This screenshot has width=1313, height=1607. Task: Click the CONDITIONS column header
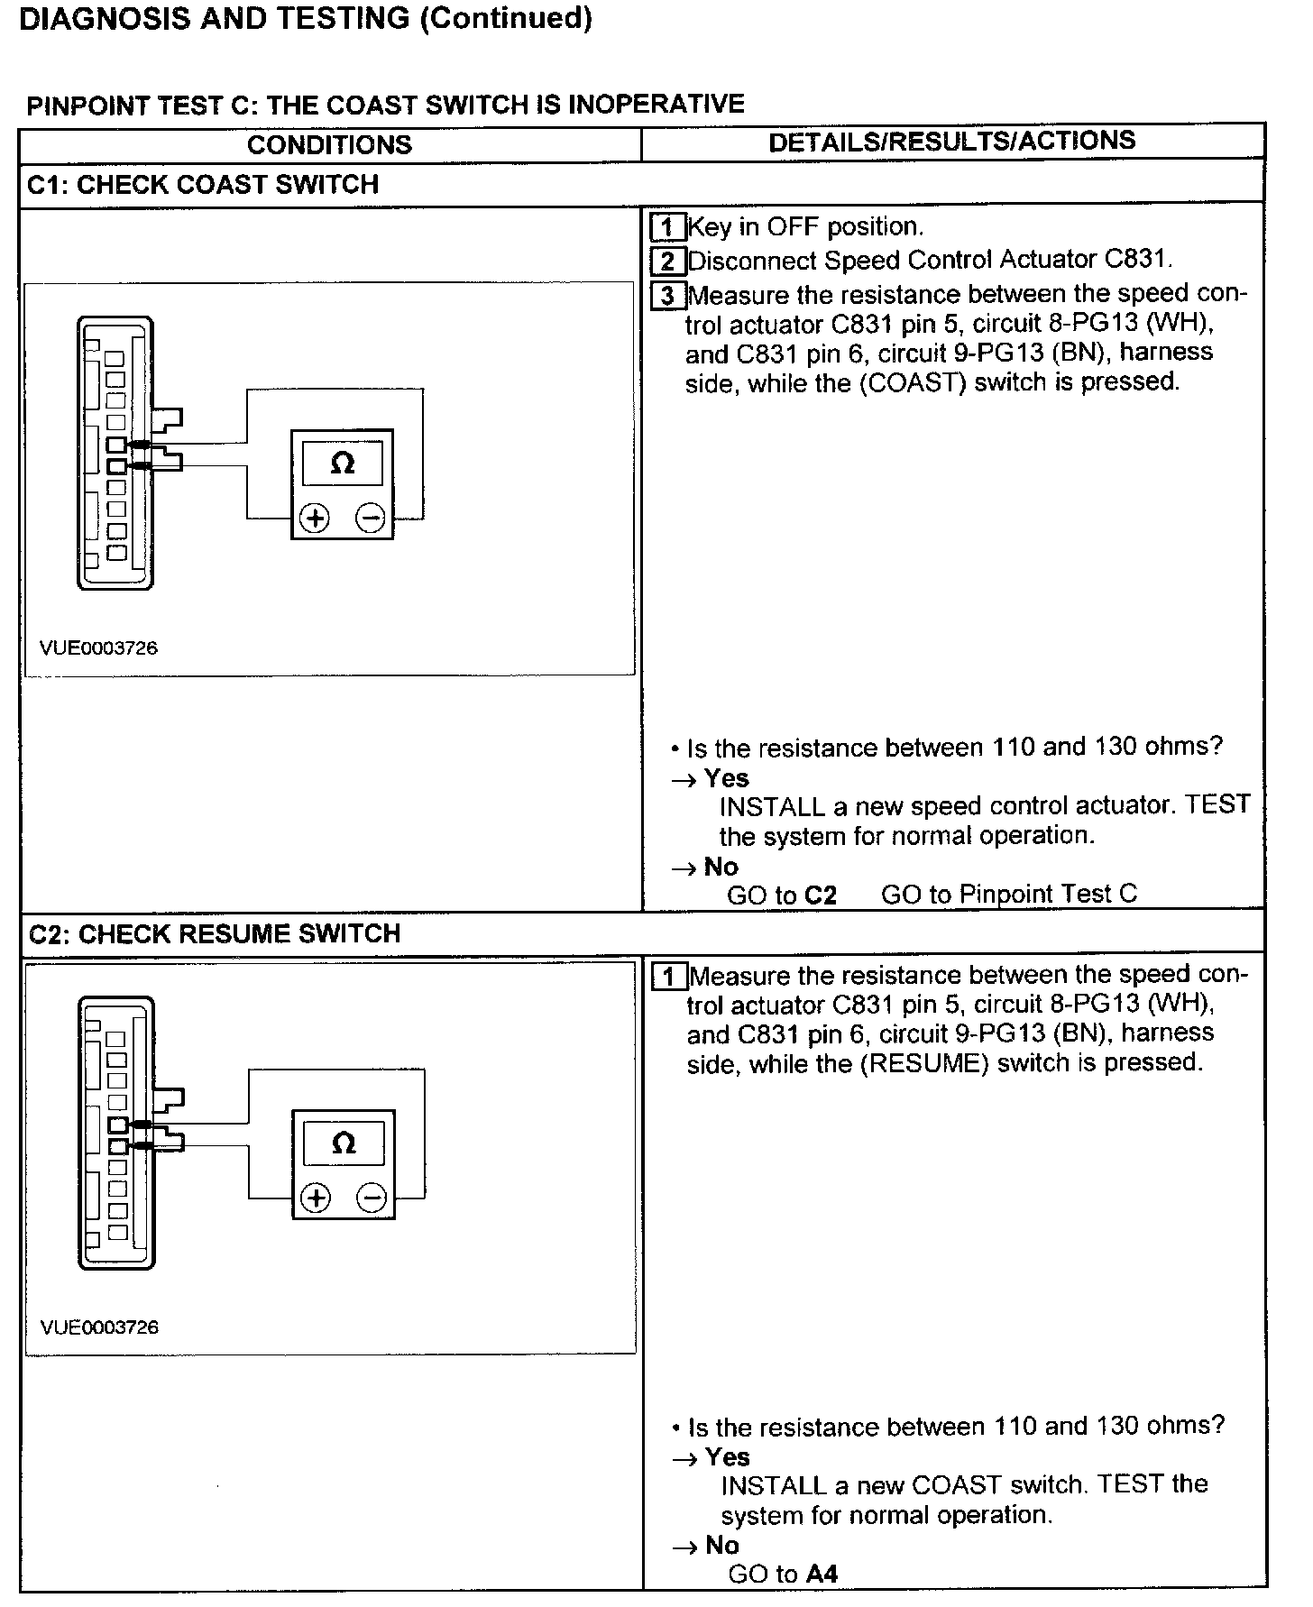point(329,144)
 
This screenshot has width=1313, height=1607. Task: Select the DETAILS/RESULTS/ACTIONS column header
point(951,142)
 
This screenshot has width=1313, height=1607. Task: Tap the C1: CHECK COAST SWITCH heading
point(203,185)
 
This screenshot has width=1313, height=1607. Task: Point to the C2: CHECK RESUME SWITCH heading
point(215,933)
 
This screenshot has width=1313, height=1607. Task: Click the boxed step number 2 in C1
point(667,262)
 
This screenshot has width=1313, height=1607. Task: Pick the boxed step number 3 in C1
point(667,296)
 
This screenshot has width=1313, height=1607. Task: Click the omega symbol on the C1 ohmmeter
point(343,464)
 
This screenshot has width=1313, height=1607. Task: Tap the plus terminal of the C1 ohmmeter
point(314,519)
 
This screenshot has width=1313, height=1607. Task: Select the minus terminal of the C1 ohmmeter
point(371,519)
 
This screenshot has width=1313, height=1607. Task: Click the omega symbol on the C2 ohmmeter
point(344,1143)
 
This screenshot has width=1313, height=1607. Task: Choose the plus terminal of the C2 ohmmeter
point(316,1198)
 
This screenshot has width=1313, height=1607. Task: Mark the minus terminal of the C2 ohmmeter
point(372,1198)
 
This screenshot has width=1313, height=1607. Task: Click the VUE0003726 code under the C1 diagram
point(98,647)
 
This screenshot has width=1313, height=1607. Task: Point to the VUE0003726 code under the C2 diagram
point(99,1327)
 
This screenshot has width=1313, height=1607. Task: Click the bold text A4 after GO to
point(822,1575)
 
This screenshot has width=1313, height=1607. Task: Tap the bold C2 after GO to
point(821,895)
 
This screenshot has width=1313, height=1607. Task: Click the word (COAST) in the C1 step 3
point(912,382)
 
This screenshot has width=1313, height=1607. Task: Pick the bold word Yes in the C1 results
point(726,777)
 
